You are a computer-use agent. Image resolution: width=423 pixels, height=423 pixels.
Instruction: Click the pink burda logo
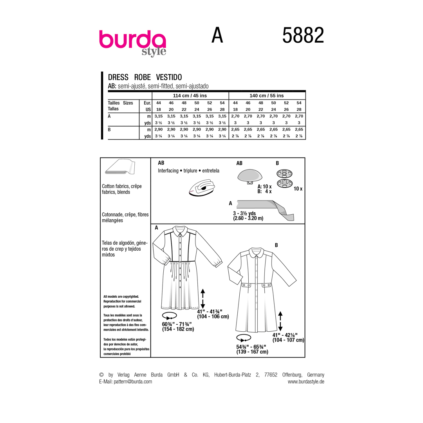[x=132, y=43]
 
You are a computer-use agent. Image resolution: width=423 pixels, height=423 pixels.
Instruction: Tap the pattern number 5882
[x=303, y=35]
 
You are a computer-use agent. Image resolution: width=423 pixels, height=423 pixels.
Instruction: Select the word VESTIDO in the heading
[x=169, y=77]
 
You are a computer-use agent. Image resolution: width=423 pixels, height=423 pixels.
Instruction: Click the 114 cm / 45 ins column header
[x=190, y=96]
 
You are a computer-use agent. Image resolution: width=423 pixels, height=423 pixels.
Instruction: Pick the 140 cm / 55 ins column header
[x=267, y=96]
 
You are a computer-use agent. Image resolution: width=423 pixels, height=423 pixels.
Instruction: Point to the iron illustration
[x=202, y=188]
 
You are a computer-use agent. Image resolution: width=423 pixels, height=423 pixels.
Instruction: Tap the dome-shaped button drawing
[x=250, y=177]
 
